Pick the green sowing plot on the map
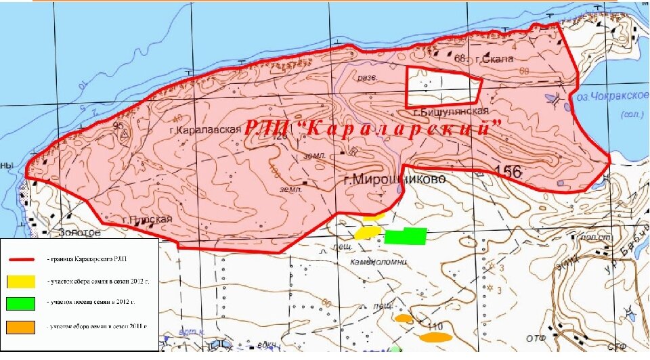pos(406,236)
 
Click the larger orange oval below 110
pos(435,336)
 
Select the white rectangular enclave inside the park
pos(443,87)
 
